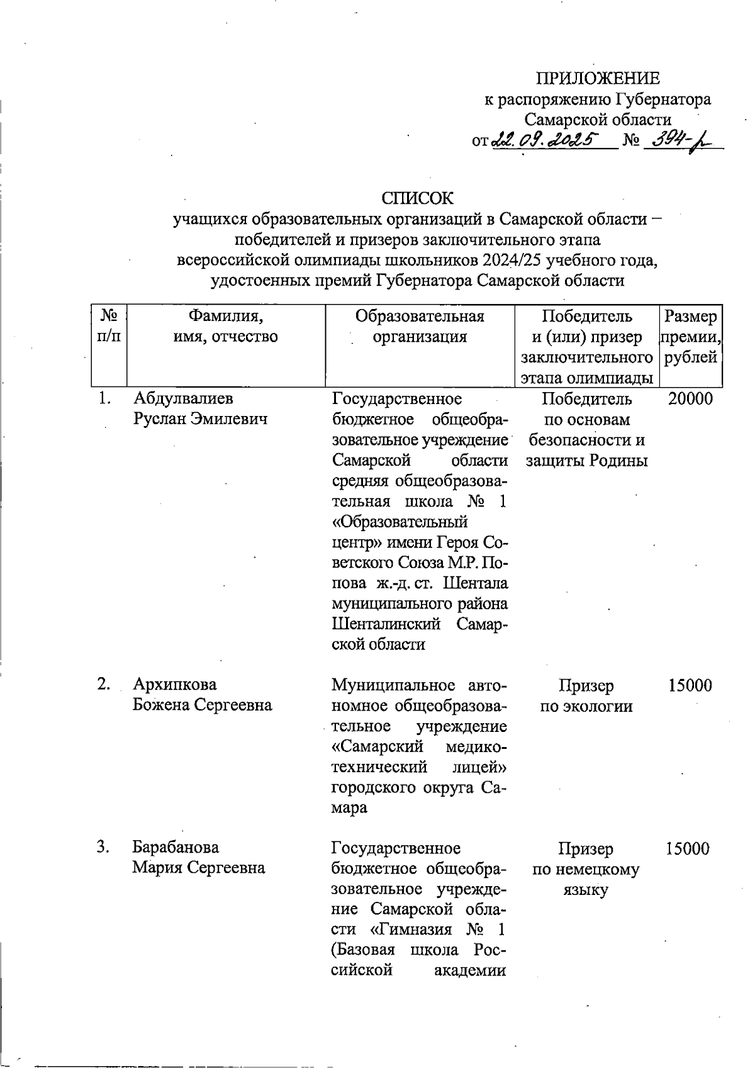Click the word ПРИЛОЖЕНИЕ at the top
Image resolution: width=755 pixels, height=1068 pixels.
(x=597, y=79)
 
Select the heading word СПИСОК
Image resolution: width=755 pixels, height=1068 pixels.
(x=417, y=198)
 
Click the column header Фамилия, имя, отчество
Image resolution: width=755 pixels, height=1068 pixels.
(x=226, y=326)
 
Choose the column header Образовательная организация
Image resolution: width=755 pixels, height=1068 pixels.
(x=420, y=326)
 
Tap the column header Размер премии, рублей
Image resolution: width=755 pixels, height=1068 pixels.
(x=690, y=337)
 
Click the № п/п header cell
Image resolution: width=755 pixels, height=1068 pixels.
(x=109, y=326)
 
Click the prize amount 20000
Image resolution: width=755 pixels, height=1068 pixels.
(x=690, y=398)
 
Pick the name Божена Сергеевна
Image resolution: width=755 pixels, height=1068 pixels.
(x=202, y=705)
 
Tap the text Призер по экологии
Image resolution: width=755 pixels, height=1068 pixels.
(x=586, y=695)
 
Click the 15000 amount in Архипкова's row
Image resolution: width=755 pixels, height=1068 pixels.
(x=690, y=685)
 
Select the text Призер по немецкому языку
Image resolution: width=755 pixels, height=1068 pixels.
(x=586, y=869)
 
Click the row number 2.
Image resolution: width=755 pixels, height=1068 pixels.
(x=104, y=685)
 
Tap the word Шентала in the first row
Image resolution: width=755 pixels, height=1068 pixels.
(x=476, y=583)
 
